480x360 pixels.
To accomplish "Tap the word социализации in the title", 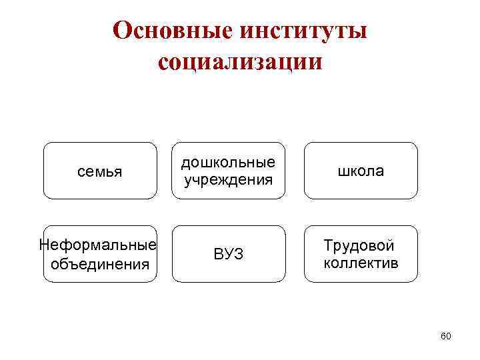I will [x=240, y=61].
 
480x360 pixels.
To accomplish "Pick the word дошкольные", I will [x=229, y=162].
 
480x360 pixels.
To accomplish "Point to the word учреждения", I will [x=229, y=179].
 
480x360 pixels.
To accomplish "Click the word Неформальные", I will [x=99, y=245].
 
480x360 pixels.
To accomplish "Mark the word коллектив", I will [x=361, y=263].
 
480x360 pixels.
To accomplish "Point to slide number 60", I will [x=446, y=336].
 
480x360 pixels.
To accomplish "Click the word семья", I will [x=99, y=171].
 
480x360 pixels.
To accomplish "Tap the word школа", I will [x=361, y=171].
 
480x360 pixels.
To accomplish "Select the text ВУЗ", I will [x=229, y=254].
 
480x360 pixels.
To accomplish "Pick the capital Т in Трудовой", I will [x=328, y=245].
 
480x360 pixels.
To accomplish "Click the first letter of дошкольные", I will [x=186, y=163].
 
